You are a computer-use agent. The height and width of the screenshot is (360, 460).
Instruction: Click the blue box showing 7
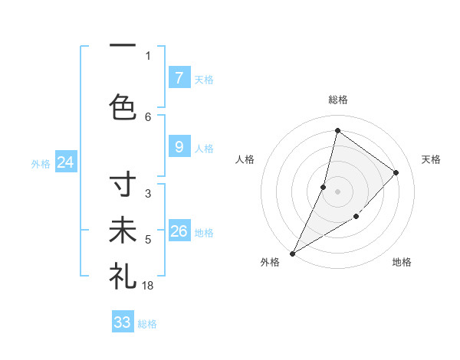point(179,77)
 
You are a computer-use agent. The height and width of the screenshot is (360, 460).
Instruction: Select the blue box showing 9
point(179,147)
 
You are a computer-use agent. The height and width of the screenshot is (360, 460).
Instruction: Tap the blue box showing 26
point(179,231)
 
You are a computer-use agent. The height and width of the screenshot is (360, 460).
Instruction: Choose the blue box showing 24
point(65,162)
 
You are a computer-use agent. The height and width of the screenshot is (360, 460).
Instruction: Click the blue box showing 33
point(123,322)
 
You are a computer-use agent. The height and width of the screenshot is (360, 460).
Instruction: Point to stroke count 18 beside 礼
point(149,285)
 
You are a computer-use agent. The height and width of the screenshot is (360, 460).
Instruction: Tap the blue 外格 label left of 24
point(41,163)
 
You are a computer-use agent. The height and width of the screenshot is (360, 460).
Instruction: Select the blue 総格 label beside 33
point(147,324)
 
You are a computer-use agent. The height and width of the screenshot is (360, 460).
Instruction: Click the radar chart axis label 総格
point(337,100)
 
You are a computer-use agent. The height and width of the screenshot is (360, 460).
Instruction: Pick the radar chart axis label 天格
point(431,159)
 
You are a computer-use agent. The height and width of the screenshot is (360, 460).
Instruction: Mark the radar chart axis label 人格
point(245,159)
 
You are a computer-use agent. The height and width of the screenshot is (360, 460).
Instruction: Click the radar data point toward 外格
point(292,253)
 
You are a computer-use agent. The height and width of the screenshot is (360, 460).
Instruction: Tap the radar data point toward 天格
point(396,172)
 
